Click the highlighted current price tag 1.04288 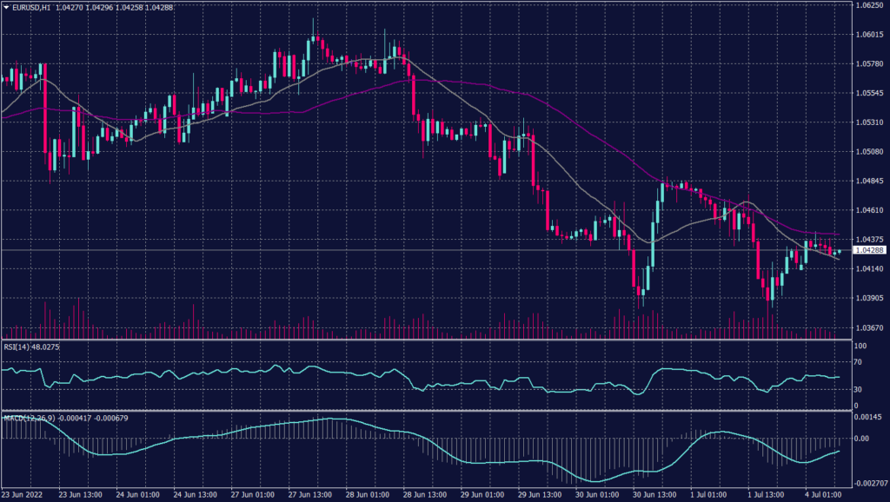click(x=869, y=250)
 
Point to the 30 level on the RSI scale click(x=857, y=390)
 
